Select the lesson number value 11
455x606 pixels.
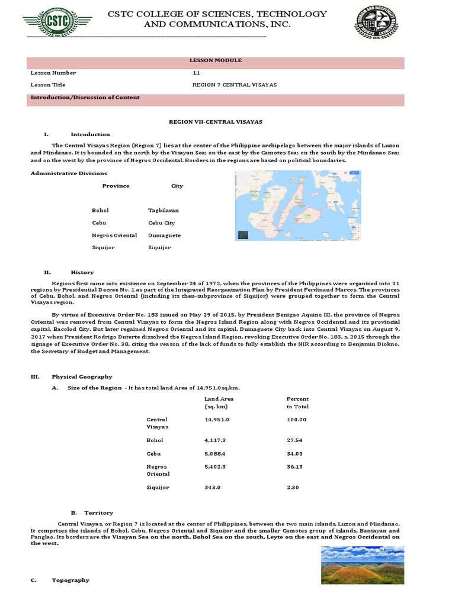coord(196,73)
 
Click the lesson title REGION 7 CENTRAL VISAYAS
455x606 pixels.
coord(234,85)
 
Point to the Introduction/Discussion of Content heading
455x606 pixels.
coord(85,98)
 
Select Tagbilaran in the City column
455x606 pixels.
coord(163,210)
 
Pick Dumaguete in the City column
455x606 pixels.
coord(164,235)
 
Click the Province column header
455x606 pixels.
coord(116,186)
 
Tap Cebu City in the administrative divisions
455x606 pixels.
coord(161,223)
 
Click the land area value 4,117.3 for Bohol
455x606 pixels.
coord(216,440)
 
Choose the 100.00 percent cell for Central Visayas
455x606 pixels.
coord(296,420)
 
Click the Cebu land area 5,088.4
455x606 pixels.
coord(216,453)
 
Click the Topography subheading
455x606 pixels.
coord(71,580)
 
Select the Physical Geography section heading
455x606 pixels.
coord(82,376)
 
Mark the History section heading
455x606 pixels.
coord(82,272)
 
